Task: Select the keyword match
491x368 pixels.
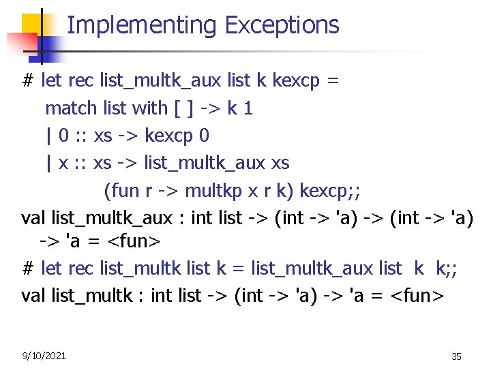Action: [72, 108]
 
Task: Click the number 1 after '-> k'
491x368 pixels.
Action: [248, 108]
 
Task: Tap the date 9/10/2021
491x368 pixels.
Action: [44, 355]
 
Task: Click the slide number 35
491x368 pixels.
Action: [456, 356]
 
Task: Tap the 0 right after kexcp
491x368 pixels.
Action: [205, 136]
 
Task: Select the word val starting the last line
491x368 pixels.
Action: [33, 296]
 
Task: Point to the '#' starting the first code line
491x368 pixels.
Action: [28, 80]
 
